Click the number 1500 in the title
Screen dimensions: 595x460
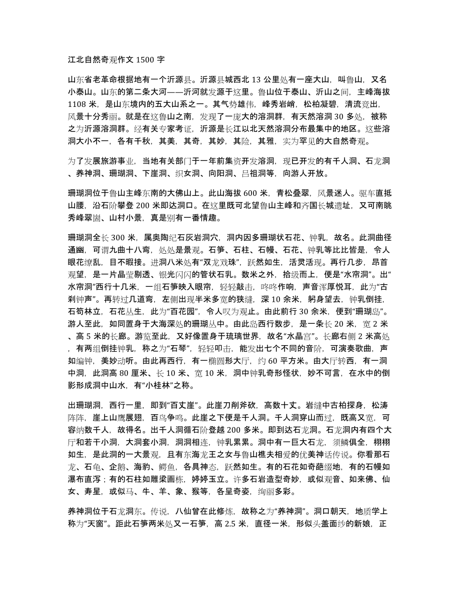click(143, 58)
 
